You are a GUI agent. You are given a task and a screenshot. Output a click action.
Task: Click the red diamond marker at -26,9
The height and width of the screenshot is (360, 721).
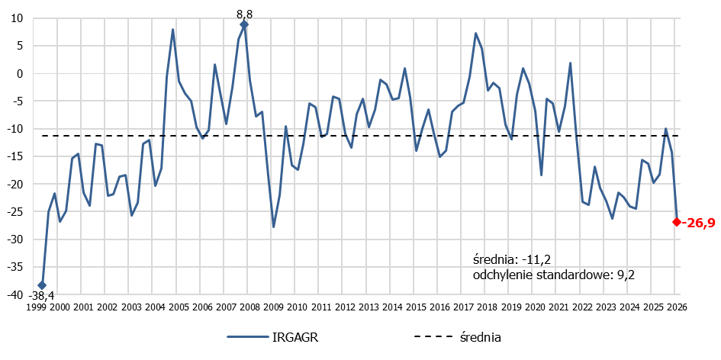pos(677,222)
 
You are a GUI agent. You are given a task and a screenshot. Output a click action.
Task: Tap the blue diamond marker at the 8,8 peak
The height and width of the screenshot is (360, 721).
pos(244,25)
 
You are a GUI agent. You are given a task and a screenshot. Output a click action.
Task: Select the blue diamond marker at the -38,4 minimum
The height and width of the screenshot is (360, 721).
pos(42,285)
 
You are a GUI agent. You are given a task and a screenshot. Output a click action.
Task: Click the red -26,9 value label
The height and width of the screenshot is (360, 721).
pos(698,222)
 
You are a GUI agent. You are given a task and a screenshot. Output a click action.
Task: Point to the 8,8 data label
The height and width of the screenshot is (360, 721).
pos(244,12)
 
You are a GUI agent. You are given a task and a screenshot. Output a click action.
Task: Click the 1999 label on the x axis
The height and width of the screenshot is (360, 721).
pos(37,307)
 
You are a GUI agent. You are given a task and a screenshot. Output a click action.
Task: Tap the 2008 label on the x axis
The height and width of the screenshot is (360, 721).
pos(249,307)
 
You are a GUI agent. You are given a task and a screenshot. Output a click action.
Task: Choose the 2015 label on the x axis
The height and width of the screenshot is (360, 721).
pos(415,307)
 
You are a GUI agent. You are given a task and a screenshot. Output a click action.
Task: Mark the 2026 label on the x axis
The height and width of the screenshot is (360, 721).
pos(676,307)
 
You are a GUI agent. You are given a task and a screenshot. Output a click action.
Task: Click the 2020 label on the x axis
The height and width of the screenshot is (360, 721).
pos(534,307)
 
